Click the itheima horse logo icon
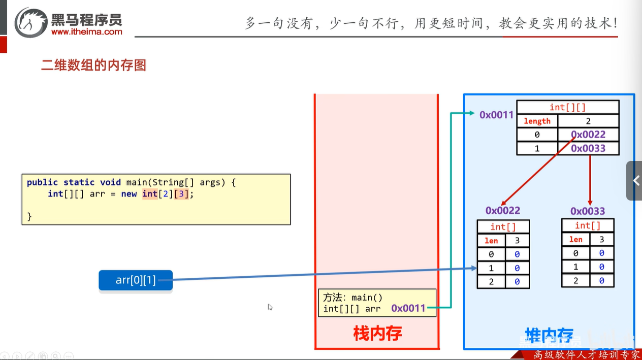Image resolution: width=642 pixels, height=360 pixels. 31,22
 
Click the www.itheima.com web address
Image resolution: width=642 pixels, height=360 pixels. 86,31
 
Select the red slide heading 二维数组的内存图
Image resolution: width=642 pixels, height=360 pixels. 93,65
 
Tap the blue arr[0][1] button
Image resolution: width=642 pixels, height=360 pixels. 136,280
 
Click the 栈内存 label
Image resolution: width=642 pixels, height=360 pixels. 377,333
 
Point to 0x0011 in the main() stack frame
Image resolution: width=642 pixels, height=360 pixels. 408,308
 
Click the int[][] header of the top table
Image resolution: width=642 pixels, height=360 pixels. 567,107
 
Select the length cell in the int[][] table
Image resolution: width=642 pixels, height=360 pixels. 537,121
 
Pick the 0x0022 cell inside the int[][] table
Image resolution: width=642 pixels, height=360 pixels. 588,135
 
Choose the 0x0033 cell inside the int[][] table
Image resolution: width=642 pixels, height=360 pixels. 588,148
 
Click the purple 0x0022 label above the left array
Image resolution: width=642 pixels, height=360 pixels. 502,210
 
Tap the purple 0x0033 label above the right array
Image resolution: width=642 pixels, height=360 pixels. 587,211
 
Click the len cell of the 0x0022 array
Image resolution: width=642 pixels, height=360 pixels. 491,240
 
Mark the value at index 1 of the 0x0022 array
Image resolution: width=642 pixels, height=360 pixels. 517,268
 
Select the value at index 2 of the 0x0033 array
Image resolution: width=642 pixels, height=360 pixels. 601,280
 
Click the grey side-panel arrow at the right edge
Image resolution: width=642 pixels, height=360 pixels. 635,180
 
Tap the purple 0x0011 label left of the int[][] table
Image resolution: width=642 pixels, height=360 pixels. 496,115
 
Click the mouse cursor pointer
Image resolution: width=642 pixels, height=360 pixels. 270,307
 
